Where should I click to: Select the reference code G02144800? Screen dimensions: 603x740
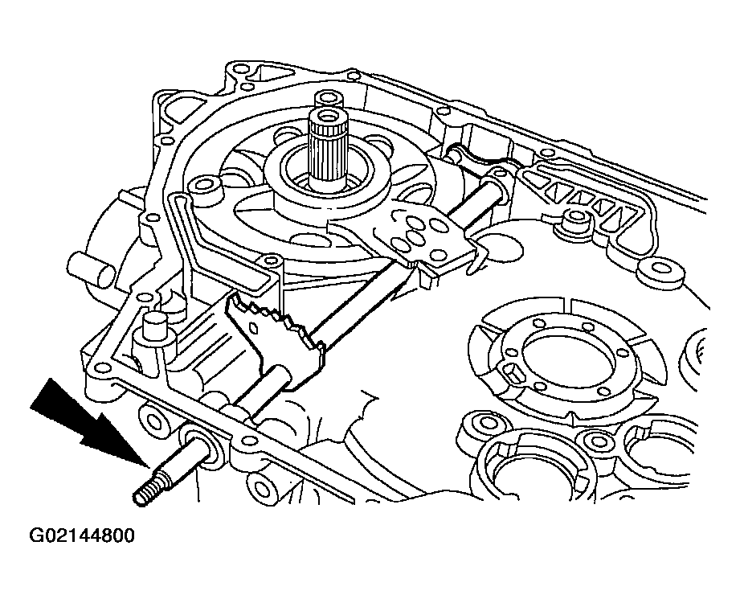(x=82, y=535)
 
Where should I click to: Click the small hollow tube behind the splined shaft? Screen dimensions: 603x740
(x=329, y=100)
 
